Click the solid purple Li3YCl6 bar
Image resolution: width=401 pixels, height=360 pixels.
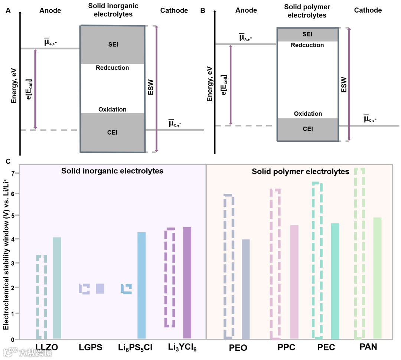click(188, 283)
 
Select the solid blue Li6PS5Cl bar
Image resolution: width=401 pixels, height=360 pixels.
click(141, 285)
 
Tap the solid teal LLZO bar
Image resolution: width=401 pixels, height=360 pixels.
click(57, 288)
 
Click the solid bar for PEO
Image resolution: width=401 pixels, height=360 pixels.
click(245, 289)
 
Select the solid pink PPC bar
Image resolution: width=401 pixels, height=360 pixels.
click(294, 282)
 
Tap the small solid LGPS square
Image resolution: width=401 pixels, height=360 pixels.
click(100, 288)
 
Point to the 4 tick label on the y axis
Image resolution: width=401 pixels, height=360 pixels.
click(12, 239)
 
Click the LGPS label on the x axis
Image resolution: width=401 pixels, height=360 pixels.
click(91, 348)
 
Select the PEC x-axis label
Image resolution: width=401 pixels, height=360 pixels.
click(326, 348)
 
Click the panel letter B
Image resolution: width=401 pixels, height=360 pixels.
click(203, 10)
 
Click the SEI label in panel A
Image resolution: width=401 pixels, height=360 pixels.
click(112, 45)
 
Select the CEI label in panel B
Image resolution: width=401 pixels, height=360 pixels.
click(307, 129)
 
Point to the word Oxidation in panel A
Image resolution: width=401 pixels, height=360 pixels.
click(112, 109)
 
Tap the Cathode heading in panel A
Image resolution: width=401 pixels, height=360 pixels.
click(174, 10)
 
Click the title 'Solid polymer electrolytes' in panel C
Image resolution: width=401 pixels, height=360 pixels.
click(300, 171)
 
